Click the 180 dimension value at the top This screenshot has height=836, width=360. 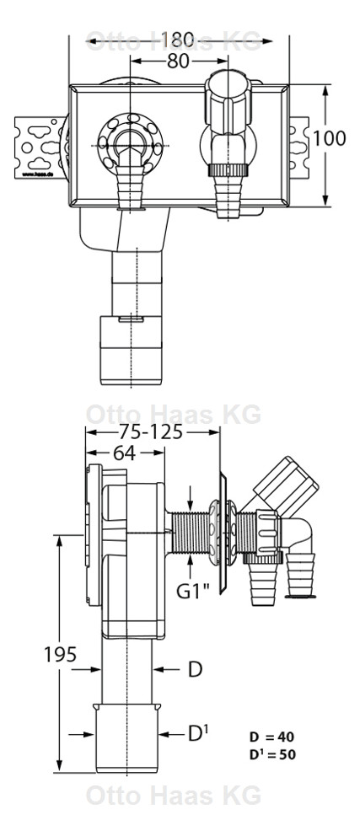pos(179,39)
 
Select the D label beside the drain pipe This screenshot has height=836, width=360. pos(195,669)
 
